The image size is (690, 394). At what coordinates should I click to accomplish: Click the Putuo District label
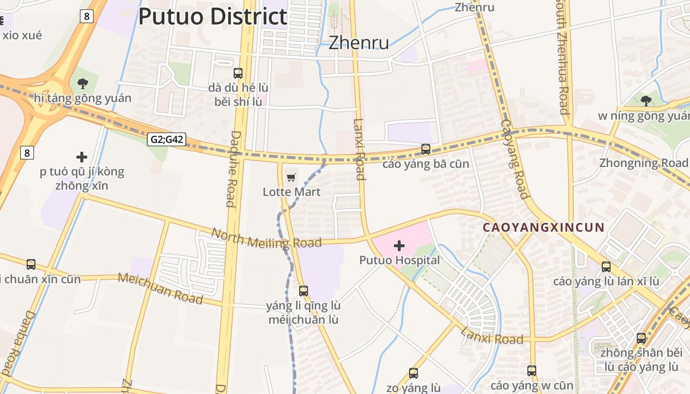(x=213, y=16)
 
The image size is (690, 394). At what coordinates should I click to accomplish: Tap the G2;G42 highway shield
(x=167, y=139)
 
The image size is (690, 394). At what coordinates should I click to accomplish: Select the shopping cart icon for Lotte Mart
(x=291, y=177)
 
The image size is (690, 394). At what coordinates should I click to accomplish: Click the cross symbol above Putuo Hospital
(x=399, y=245)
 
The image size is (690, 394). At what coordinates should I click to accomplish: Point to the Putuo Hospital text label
(x=399, y=260)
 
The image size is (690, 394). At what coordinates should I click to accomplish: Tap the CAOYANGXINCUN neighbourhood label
(x=543, y=228)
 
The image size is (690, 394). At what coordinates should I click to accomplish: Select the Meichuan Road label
(x=160, y=288)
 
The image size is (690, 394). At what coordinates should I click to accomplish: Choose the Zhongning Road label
(x=643, y=163)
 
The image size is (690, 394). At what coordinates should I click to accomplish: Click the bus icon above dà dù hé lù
(x=238, y=73)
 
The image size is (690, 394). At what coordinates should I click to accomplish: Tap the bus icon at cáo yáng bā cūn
(x=426, y=149)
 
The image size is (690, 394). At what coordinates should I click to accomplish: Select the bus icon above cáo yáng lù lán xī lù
(x=606, y=267)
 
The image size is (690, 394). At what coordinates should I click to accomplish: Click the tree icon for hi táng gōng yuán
(x=82, y=83)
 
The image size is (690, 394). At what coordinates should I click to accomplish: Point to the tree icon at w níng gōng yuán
(x=646, y=101)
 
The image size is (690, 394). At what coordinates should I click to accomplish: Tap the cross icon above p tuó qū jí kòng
(x=82, y=157)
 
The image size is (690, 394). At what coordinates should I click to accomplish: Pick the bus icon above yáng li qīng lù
(x=304, y=291)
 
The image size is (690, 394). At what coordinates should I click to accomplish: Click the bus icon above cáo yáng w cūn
(x=532, y=370)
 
